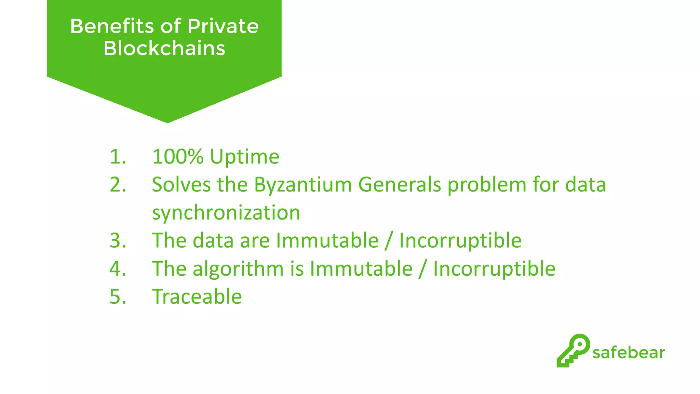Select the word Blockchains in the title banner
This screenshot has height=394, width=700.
point(164,48)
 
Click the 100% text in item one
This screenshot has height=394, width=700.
point(178,157)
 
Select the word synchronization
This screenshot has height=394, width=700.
point(226,213)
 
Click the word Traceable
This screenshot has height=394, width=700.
point(197,297)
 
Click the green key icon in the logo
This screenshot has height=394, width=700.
point(573,350)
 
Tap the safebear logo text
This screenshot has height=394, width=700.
point(629,353)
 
